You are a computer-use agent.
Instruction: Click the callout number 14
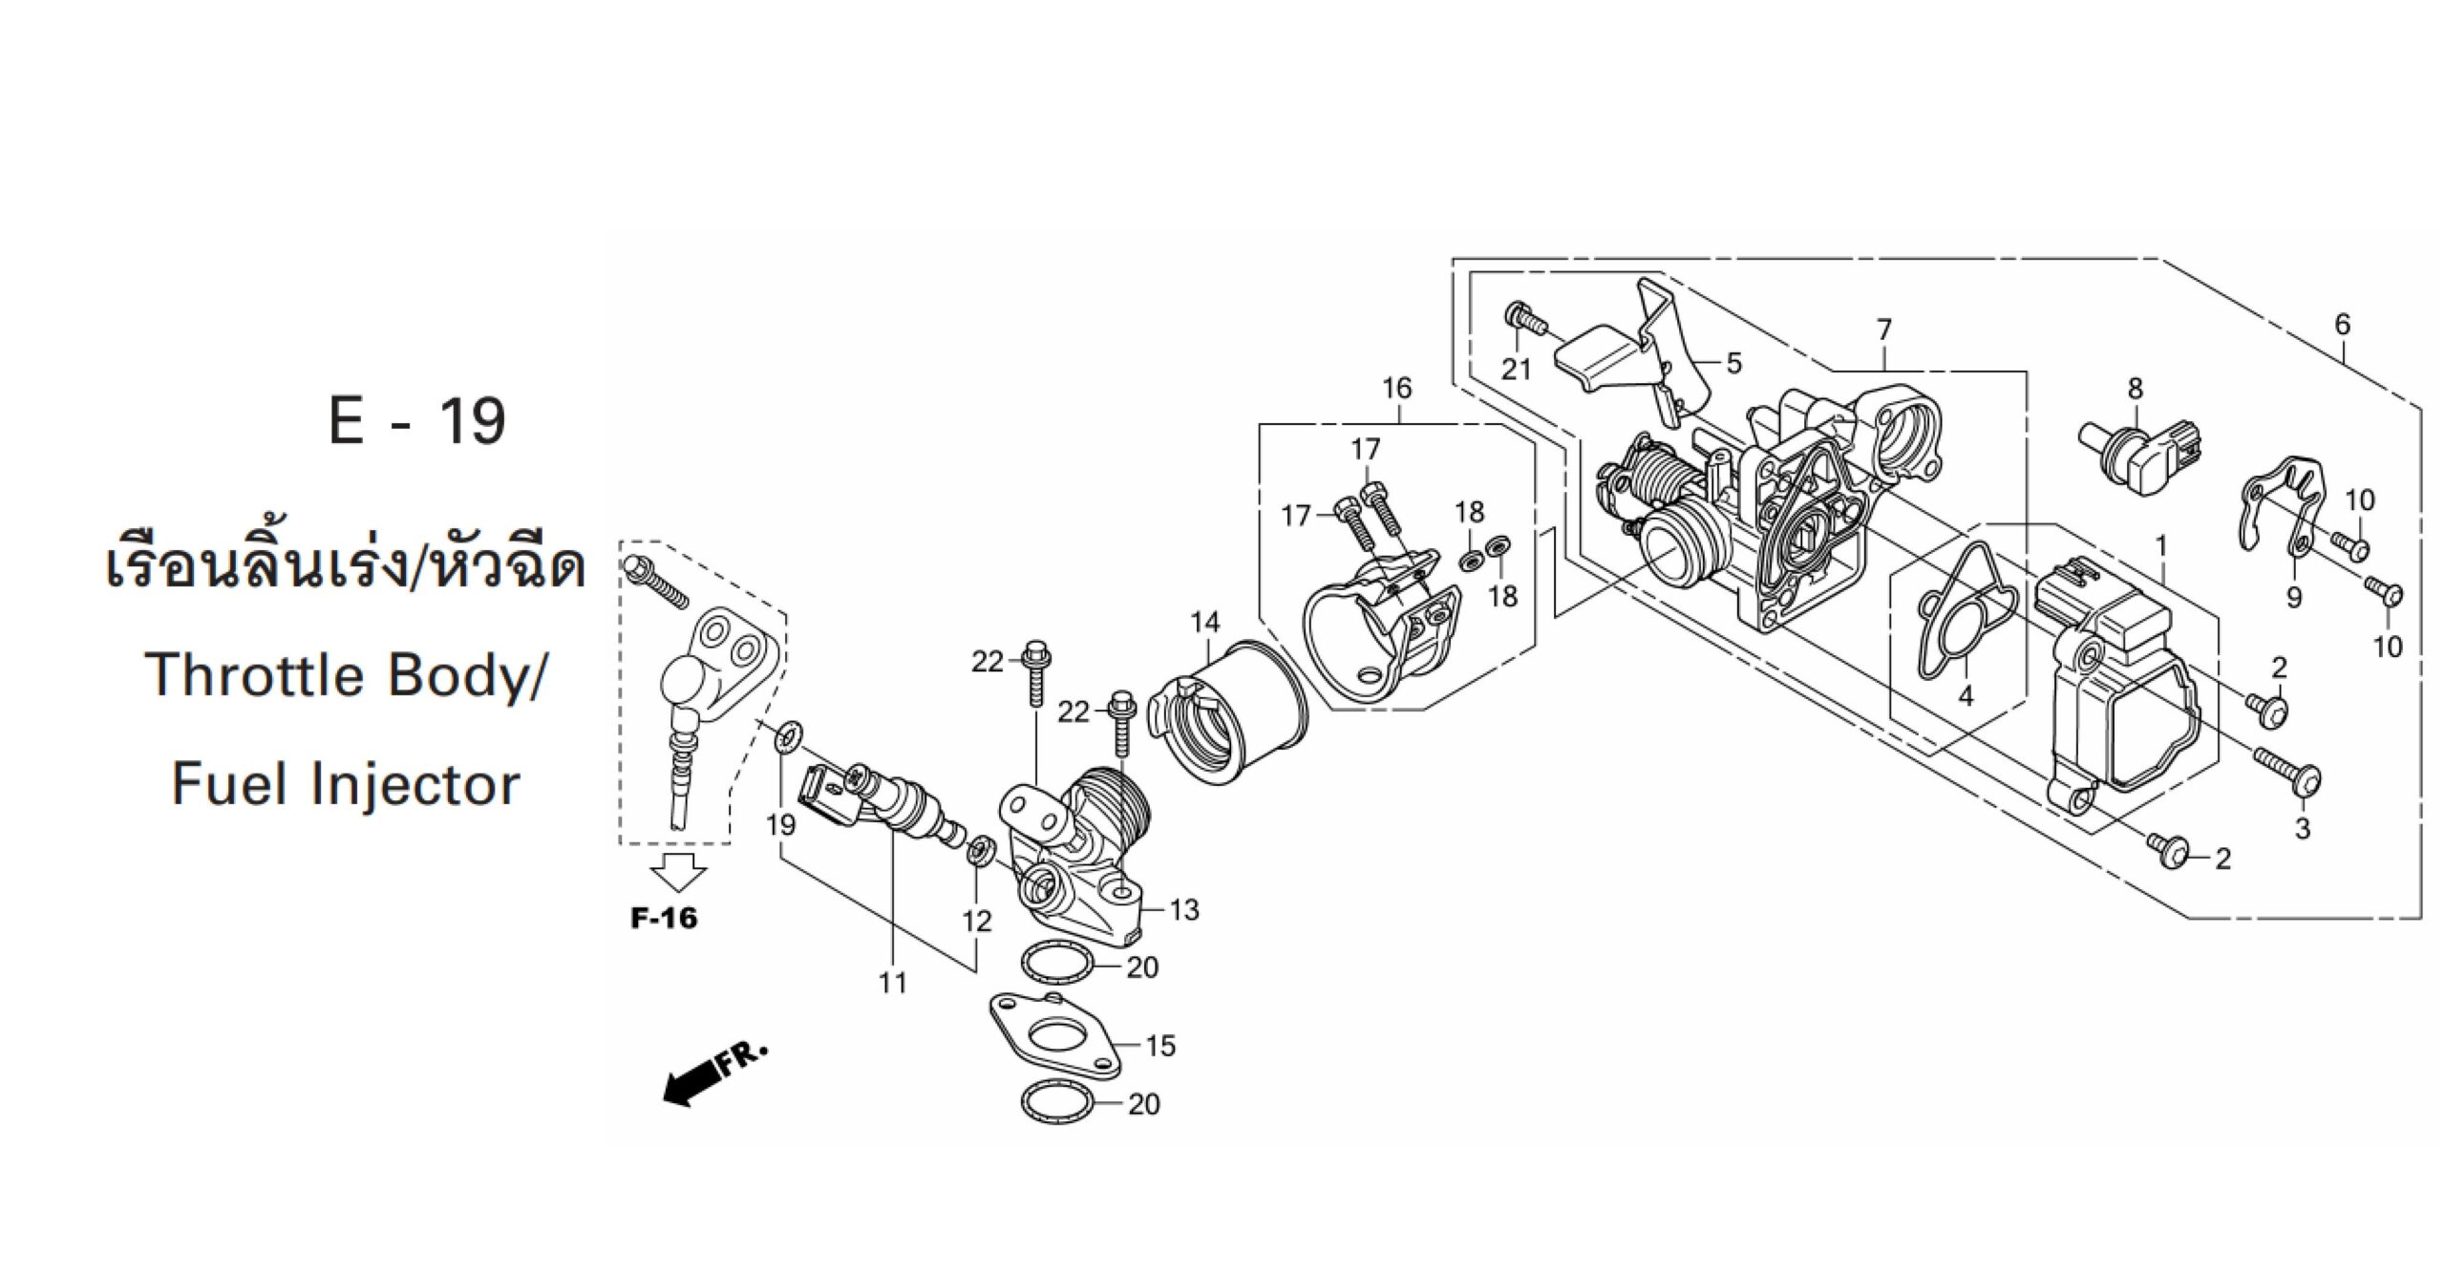tap(1205, 623)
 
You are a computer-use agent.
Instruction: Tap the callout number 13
tap(1183, 910)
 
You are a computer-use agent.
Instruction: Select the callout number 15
tap(1160, 1046)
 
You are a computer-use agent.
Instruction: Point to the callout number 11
tap(892, 982)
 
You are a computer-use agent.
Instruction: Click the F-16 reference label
tap(664, 919)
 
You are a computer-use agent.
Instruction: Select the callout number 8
tap(2136, 390)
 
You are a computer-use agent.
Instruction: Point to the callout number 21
tap(1516, 369)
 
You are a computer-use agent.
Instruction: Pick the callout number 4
tap(1965, 696)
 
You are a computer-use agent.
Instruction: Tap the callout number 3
tap(2302, 828)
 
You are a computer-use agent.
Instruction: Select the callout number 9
tap(2294, 598)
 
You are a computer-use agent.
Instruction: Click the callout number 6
tap(2342, 325)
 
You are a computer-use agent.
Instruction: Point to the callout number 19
tap(780, 823)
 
